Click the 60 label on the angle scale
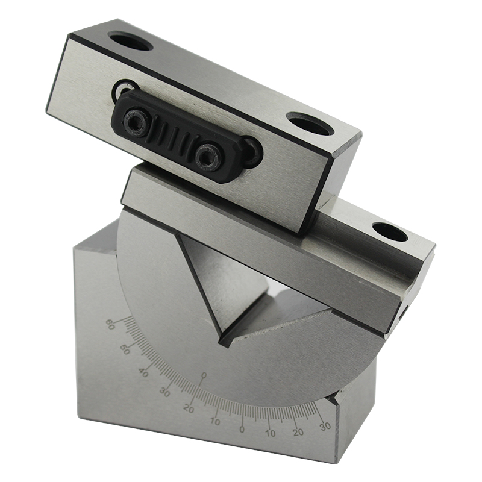click(x=110, y=324)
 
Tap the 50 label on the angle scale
click(x=125, y=349)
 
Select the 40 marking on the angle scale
click(x=143, y=372)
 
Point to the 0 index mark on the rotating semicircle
click(x=202, y=376)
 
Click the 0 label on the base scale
click(x=242, y=429)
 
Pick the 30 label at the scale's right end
click(x=325, y=426)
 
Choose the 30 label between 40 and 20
click(x=164, y=392)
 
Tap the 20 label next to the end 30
click(x=298, y=433)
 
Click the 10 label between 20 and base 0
click(x=215, y=421)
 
